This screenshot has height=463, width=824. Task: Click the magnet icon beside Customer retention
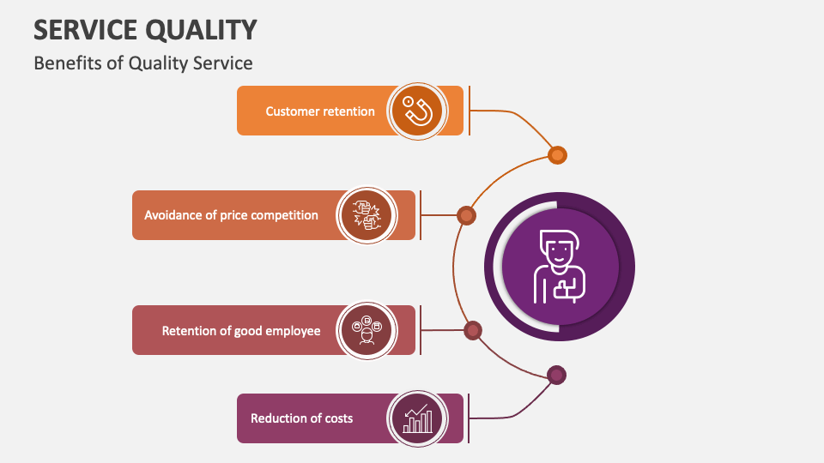417,111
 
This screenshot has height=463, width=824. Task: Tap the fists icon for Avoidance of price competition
367,215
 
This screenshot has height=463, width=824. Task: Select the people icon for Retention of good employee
367,330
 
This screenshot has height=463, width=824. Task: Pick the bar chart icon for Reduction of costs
417,418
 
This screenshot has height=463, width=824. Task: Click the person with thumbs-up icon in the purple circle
560,267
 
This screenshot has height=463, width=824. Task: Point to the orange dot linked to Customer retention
557,155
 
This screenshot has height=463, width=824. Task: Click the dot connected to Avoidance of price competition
466,215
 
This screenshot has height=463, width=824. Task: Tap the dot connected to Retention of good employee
472,330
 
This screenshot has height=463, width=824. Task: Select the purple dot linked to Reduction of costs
557,375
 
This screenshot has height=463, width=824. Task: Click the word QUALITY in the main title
201,30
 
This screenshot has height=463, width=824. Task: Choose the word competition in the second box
285,215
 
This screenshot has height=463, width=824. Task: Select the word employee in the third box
292,330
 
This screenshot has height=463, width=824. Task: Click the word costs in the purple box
338,418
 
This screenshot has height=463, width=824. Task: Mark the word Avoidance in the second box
175,215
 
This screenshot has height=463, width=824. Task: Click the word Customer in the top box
292,111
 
